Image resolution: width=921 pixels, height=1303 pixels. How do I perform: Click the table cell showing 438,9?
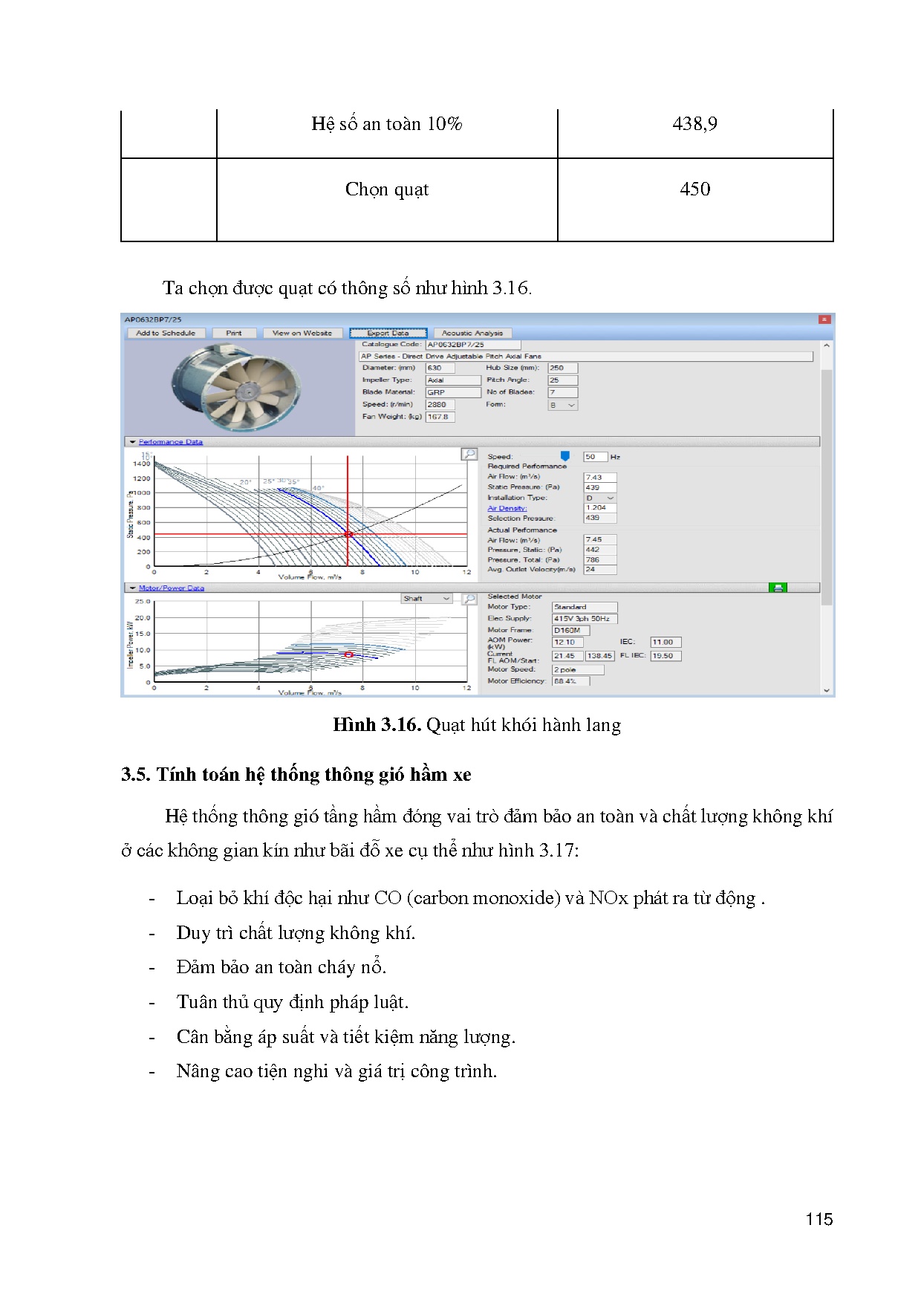[x=694, y=124]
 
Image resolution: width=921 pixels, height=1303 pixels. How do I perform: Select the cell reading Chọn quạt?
[x=386, y=189]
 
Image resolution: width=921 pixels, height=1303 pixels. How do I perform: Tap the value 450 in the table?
[x=694, y=189]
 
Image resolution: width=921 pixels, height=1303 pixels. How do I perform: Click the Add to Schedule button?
[x=166, y=333]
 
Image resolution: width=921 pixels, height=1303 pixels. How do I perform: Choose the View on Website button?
[x=302, y=333]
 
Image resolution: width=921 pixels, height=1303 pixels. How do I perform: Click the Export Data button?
[x=388, y=333]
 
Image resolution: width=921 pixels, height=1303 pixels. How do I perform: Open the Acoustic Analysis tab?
[x=472, y=333]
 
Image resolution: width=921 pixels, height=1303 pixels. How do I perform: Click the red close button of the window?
[x=824, y=319]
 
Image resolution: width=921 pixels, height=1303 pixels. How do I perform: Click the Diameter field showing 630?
[x=439, y=368]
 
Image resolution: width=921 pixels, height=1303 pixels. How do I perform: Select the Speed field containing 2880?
[x=440, y=405]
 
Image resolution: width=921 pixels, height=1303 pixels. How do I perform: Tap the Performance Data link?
[x=170, y=442]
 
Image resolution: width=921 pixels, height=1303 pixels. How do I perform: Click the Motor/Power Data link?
[x=171, y=588]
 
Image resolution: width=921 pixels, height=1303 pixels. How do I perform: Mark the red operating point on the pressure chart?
[x=348, y=534]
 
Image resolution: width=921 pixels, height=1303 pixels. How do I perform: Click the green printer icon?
[x=778, y=588]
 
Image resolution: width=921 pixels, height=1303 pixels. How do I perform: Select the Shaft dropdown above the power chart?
[x=426, y=599]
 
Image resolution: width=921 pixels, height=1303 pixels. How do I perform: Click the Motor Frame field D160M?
[x=570, y=630]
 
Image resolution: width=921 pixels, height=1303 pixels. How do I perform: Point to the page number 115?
[x=819, y=1219]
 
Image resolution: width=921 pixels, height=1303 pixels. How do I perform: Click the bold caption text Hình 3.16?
[x=377, y=725]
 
